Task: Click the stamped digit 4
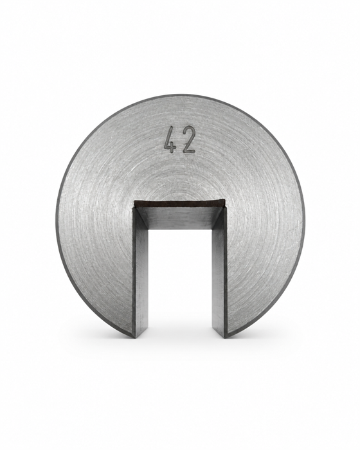pyautogui.click(x=170, y=140)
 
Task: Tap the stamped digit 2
pyautogui.click(x=189, y=139)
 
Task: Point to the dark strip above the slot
pyautogui.click(x=179, y=203)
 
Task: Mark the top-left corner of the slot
pyautogui.click(x=134, y=201)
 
